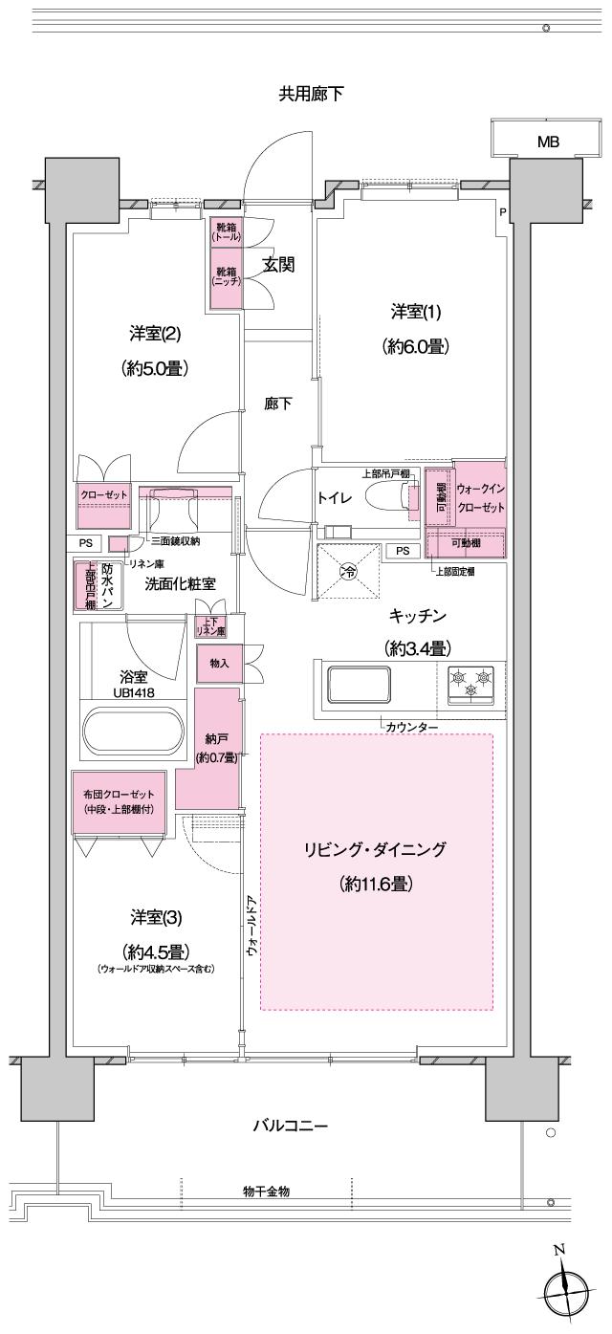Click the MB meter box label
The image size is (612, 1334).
pos(548,142)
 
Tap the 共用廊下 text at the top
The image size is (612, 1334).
pos(311,94)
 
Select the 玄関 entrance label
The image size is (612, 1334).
pos(278,265)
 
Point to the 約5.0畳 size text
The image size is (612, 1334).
pos(153,368)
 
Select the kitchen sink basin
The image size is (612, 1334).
pos(358,686)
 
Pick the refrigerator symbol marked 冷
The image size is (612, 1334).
pos(349,574)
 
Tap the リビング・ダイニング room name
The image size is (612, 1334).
pos(376,849)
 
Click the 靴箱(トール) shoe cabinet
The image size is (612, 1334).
pos(228,232)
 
